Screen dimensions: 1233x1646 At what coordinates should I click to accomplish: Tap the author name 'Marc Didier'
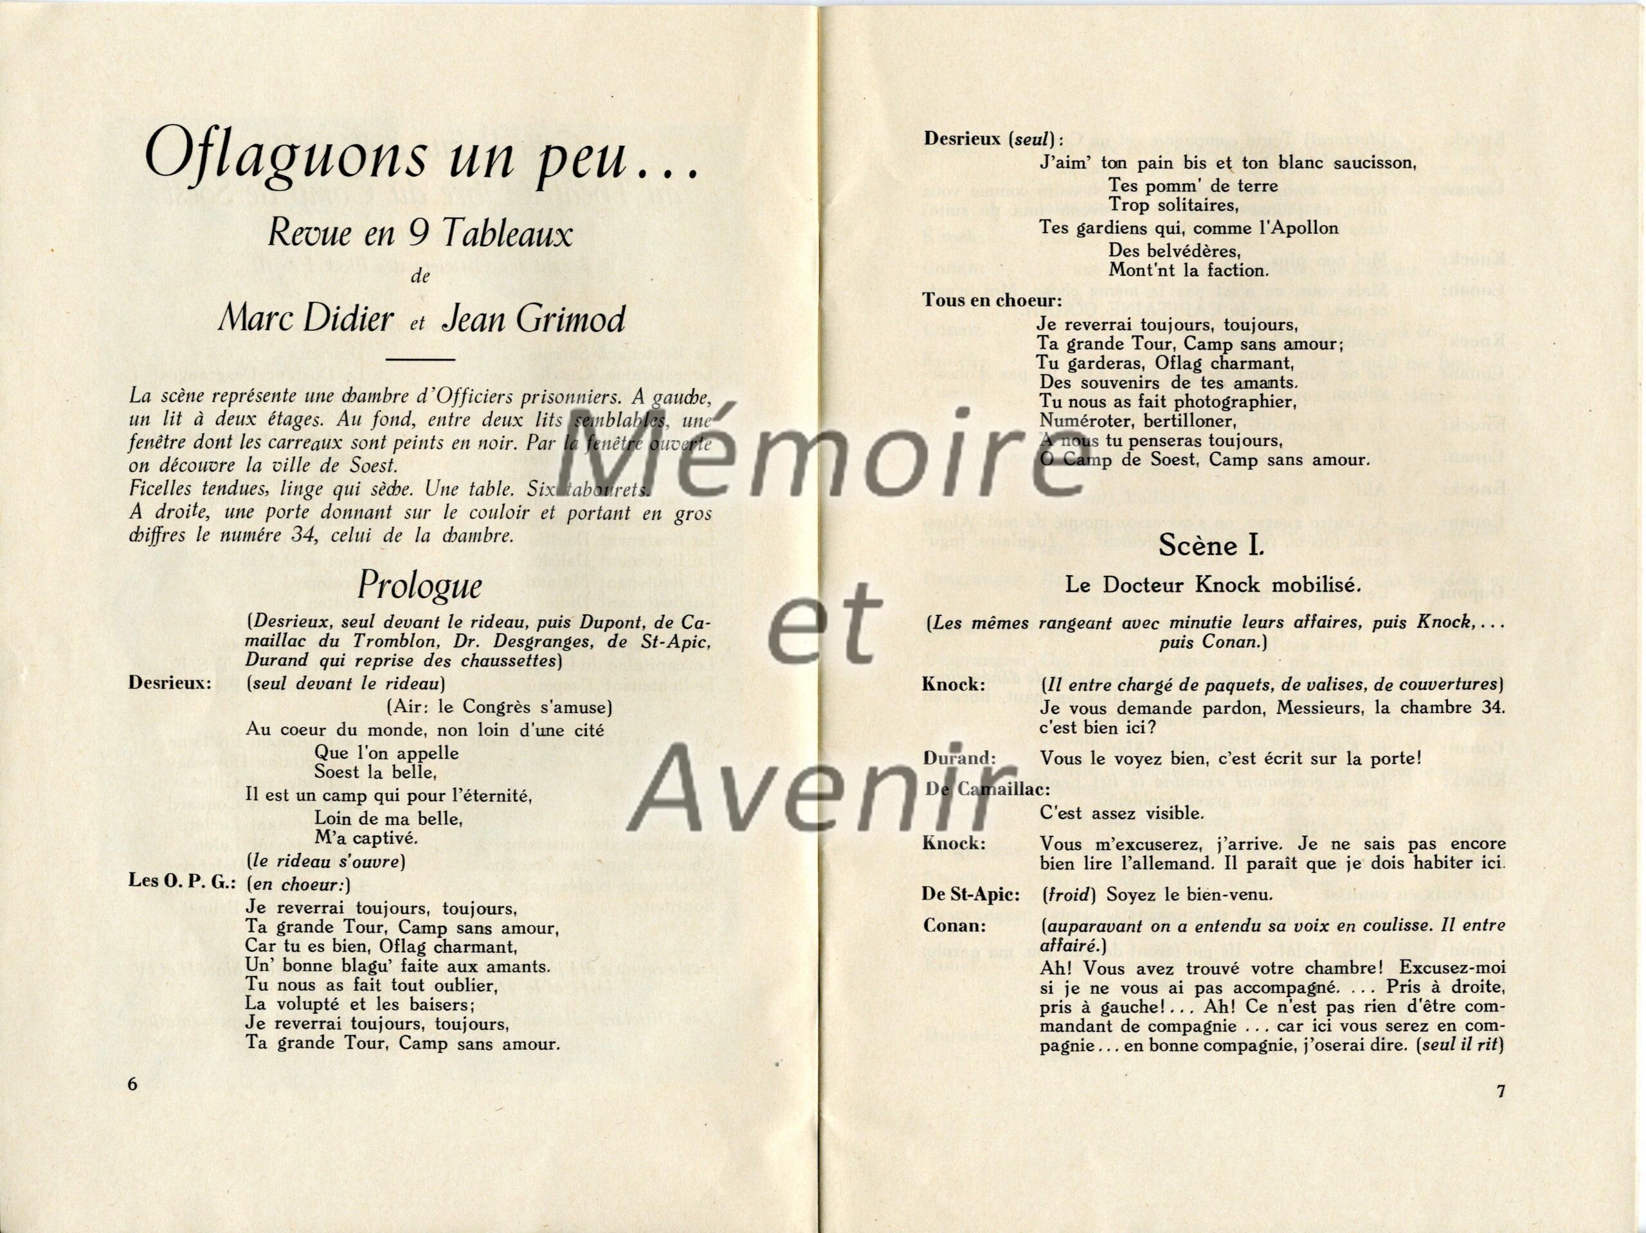306,320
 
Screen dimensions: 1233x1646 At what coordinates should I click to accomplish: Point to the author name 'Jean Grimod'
533,320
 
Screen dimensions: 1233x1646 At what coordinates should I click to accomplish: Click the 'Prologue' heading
420,586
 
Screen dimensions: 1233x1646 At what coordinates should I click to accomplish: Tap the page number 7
1501,1091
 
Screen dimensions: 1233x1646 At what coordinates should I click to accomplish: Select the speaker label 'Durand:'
959,759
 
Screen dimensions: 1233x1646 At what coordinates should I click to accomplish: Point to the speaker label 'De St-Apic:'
970,894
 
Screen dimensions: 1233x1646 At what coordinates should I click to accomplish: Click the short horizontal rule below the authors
421,360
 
